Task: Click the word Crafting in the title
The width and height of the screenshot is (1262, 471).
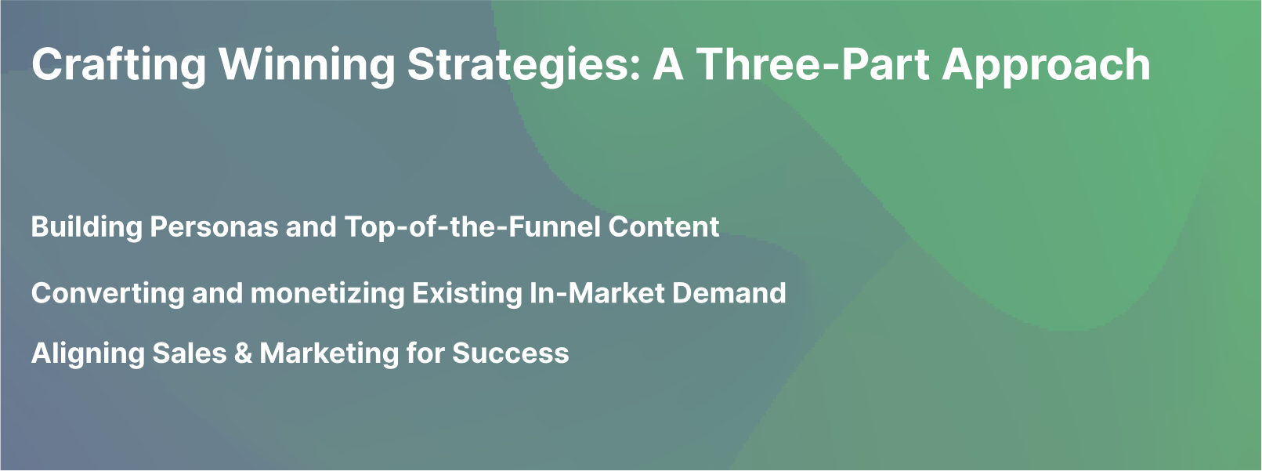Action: pyautogui.click(x=118, y=65)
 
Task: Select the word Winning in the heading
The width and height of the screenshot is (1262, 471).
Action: pyautogui.click(x=306, y=65)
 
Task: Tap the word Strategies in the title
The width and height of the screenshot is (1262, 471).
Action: pyautogui.click(x=518, y=65)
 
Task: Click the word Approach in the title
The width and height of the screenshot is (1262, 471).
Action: pyautogui.click(x=1046, y=65)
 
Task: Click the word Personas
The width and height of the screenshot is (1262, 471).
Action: pyautogui.click(x=214, y=227)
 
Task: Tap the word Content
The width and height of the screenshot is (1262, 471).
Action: pyautogui.click(x=664, y=227)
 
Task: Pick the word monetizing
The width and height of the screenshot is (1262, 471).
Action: pyautogui.click(x=327, y=294)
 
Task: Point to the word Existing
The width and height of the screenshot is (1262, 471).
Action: pyautogui.click(x=466, y=294)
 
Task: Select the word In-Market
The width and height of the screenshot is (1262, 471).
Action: pyautogui.click(x=597, y=294)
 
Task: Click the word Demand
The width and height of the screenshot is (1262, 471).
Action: pyautogui.click(x=729, y=294)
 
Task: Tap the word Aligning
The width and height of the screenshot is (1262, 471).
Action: pyautogui.click(x=87, y=354)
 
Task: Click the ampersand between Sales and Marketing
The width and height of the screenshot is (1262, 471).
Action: pyautogui.click(x=243, y=354)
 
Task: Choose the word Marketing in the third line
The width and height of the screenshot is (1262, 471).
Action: pyautogui.click(x=328, y=354)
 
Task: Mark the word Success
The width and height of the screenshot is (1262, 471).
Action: pyautogui.click(x=510, y=354)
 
